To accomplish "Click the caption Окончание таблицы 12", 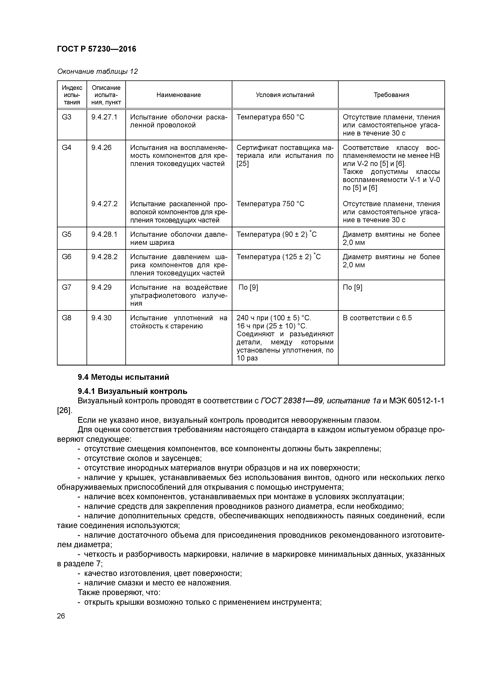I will pyautogui.click(x=97, y=72).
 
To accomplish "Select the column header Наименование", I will pyautogui.click(x=178, y=95).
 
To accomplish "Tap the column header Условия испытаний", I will pyautogui.click(x=285, y=95).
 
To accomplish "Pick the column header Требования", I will pyautogui.click(x=391, y=95).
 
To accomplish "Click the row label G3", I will pyautogui.click(x=67, y=117).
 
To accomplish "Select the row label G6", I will pyautogui.click(x=67, y=257).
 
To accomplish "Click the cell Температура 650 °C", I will pyautogui.click(x=270, y=117).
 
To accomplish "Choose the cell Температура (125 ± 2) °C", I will pyautogui.click(x=278, y=257).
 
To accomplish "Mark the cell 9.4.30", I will pyautogui.click(x=101, y=318).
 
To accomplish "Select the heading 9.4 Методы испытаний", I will pyautogui.click(x=123, y=377).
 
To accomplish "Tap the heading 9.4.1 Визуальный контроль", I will pyautogui.click(x=132, y=391).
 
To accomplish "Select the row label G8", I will pyautogui.click(x=67, y=318).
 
